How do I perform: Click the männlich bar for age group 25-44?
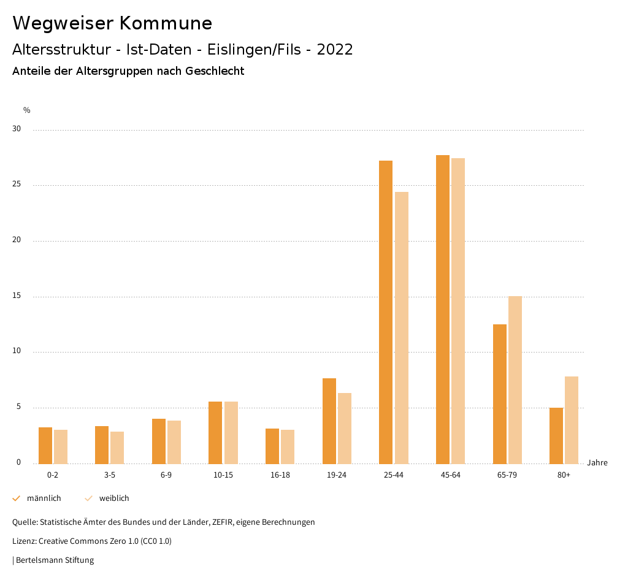[x=386, y=312]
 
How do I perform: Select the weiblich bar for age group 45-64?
[x=458, y=311]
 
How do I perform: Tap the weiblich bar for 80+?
[x=572, y=420]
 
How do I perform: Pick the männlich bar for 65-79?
[x=500, y=394]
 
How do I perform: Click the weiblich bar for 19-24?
[x=345, y=428]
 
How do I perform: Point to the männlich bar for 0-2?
[x=45, y=445]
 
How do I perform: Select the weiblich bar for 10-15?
[x=231, y=432]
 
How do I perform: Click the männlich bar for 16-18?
[x=272, y=446]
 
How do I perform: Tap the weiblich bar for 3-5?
[x=117, y=448]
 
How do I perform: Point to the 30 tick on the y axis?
[x=17, y=129]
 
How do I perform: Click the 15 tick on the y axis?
[x=17, y=296]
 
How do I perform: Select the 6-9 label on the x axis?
[x=166, y=475]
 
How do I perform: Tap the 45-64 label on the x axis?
[x=450, y=475]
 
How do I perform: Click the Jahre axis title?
[x=597, y=463]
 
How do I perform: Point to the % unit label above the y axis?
[x=27, y=110]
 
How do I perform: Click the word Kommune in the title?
[x=166, y=23]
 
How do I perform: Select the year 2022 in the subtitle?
[x=335, y=50]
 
